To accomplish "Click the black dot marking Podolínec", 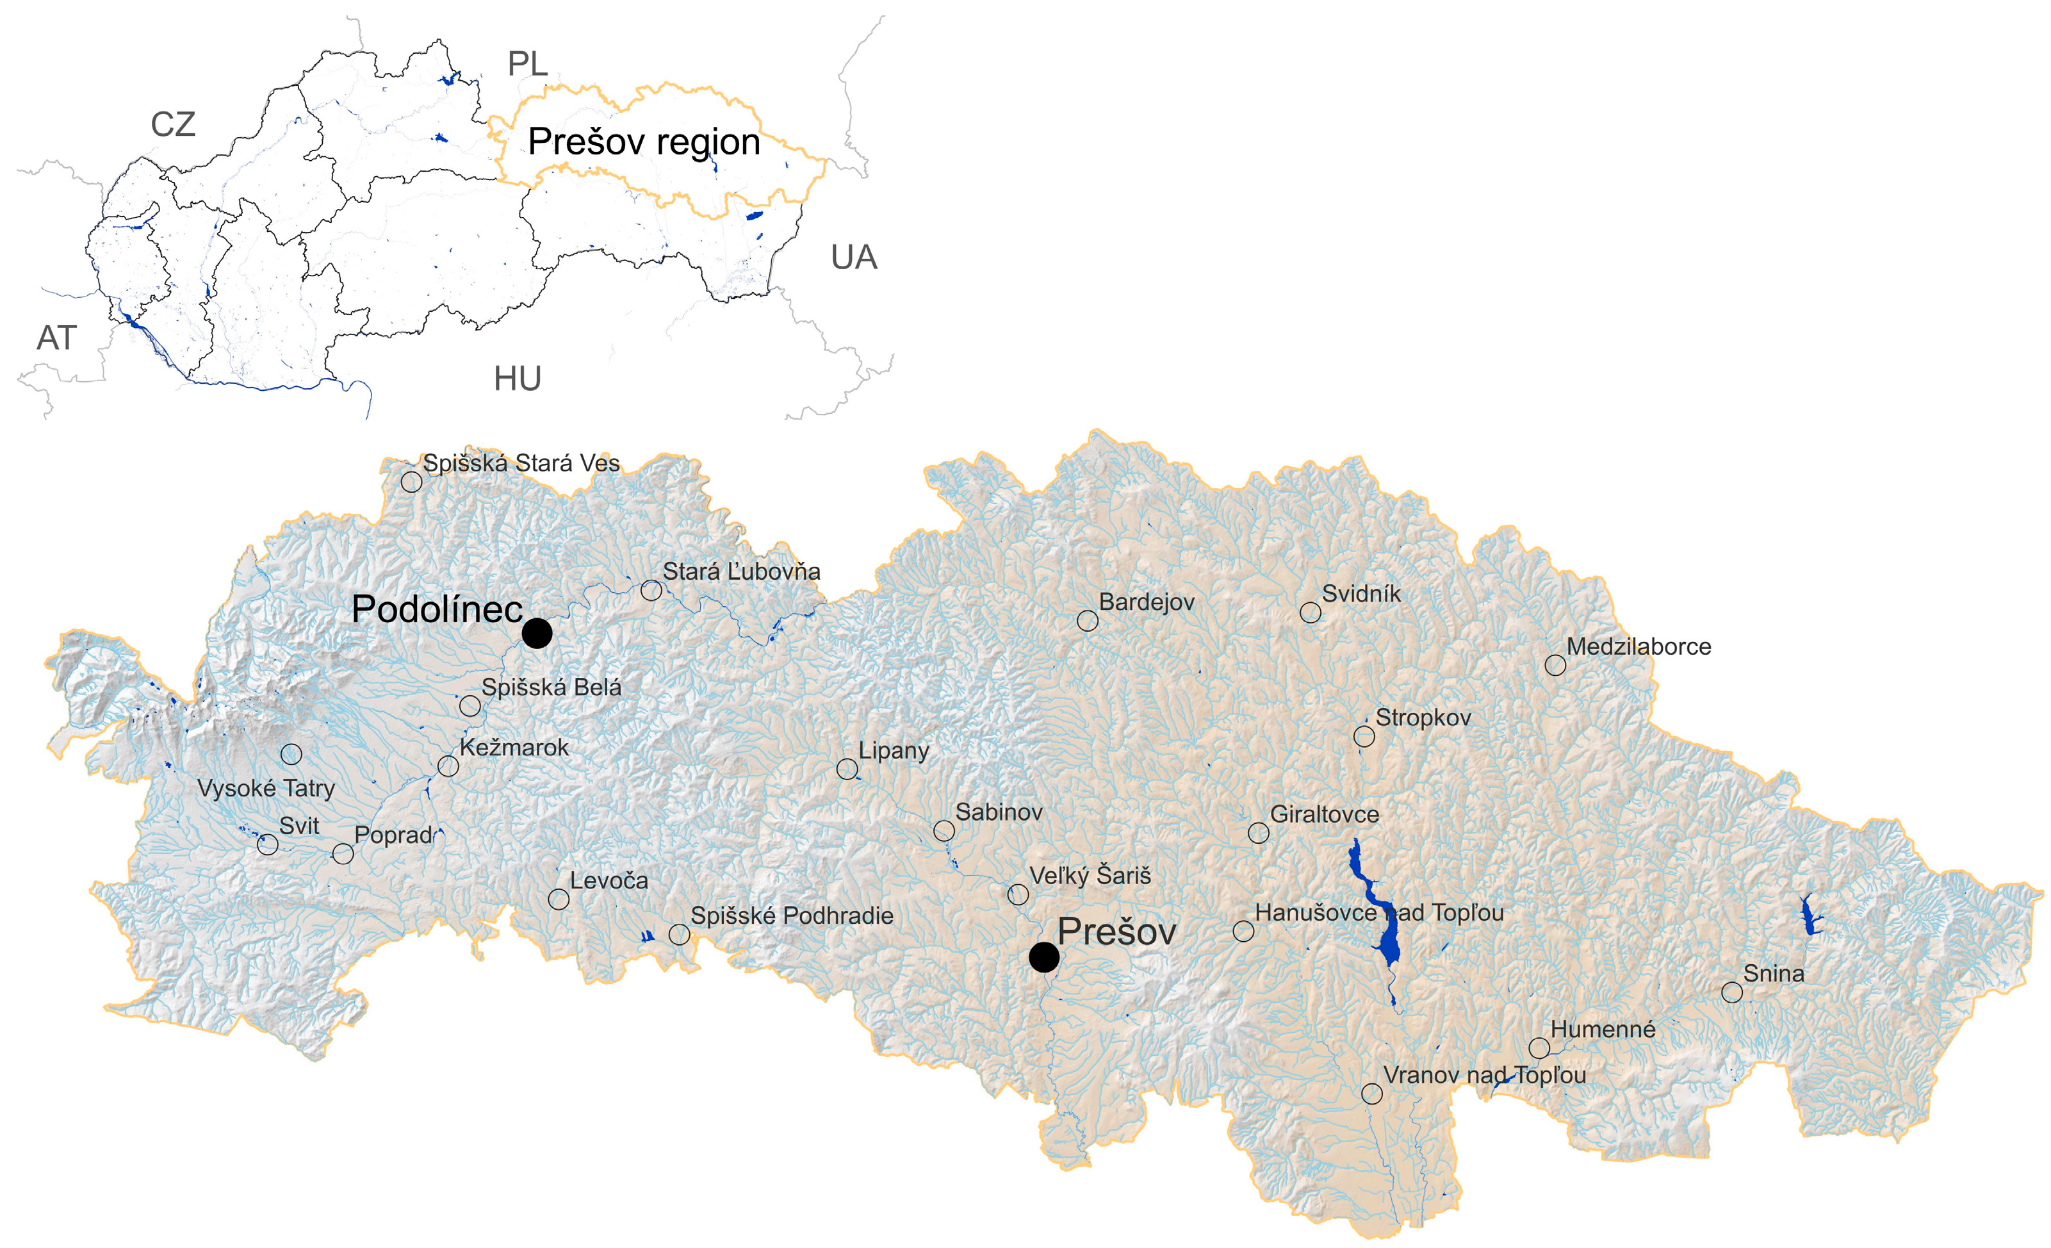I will point(537,633).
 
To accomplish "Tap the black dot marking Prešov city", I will point(1044,957).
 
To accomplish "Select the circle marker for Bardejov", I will point(1087,620).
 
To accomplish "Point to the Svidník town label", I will point(1361,595).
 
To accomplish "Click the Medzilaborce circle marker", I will point(1555,665).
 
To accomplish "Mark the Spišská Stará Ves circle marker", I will point(411,481).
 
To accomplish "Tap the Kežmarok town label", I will point(514,748).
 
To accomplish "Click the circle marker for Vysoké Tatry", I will point(291,754).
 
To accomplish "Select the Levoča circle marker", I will point(559,899).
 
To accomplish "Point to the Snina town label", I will point(1774,973).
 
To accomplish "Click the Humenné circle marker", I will point(1539,1047).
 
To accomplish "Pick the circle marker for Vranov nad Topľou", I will point(1372,1093).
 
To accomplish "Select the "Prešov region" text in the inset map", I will point(644,142).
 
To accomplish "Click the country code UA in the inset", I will point(853,258).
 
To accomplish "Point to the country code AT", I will point(56,338).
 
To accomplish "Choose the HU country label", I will point(517,379).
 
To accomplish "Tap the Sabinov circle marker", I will point(943,830).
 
